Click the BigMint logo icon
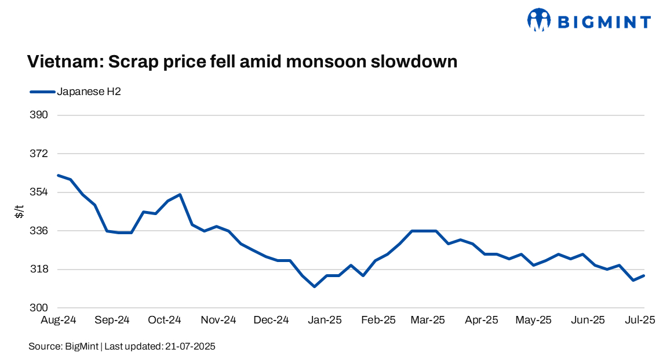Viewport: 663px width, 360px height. (538, 20)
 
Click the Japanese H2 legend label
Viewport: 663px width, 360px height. (89, 92)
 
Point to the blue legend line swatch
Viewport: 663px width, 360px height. (42, 92)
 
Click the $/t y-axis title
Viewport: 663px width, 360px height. (20, 212)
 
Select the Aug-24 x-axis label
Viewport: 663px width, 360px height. (58, 320)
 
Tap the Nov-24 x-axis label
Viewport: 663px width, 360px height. (218, 320)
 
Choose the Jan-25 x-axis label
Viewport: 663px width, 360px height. (325, 320)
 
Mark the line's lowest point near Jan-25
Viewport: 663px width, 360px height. (314, 286)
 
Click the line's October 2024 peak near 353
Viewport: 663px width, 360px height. (180, 194)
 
